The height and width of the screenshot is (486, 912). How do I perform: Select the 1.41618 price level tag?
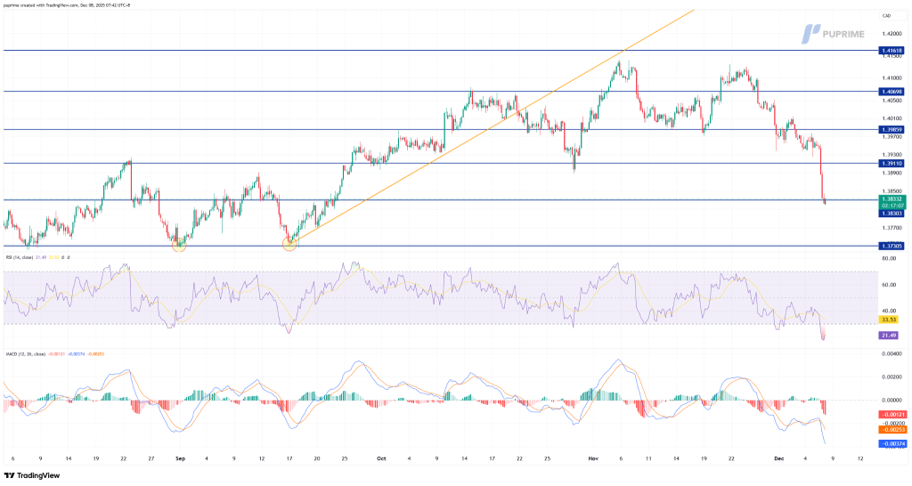pyautogui.click(x=892, y=51)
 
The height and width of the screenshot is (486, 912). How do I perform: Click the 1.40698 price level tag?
pyautogui.click(x=892, y=92)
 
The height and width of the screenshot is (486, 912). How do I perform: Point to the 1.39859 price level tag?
pyautogui.click(x=892, y=129)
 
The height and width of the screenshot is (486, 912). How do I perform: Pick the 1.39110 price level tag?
pyautogui.click(x=892, y=163)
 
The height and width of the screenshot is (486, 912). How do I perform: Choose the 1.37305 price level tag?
pyautogui.click(x=892, y=246)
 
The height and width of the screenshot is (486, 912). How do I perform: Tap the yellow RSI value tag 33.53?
pyautogui.click(x=887, y=319)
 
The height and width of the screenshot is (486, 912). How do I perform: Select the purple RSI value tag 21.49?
pyautogui.click(x=887, y=335)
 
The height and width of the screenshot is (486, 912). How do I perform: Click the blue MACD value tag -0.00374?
pyautogui.click(x=892, y=443)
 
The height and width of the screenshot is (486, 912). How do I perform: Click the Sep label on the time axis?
pyautogui.click(x=179, y=458)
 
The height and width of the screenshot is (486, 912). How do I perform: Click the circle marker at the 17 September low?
pyautogui.click(x=289, y=243)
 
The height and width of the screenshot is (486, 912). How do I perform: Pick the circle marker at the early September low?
pyautogui.click(x=178, y=243)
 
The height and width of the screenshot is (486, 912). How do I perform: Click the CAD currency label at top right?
pyautogui.click(x=886, y=16)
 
